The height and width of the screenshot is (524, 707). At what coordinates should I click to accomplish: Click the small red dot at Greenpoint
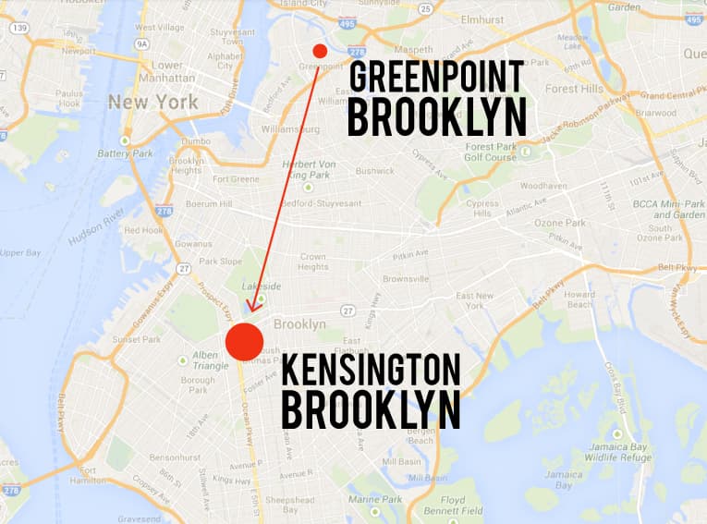click(x=320, y=51)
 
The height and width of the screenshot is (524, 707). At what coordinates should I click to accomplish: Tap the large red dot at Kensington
click(x=245, y=340)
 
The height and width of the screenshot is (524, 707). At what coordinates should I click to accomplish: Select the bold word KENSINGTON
click(x=370, y=370)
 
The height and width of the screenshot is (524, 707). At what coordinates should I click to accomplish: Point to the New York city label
click(x=152, y=102)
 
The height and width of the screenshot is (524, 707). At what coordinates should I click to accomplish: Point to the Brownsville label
click(x=406, y=278)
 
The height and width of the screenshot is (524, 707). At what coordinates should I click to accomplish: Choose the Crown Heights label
click(x=313, y=262)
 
